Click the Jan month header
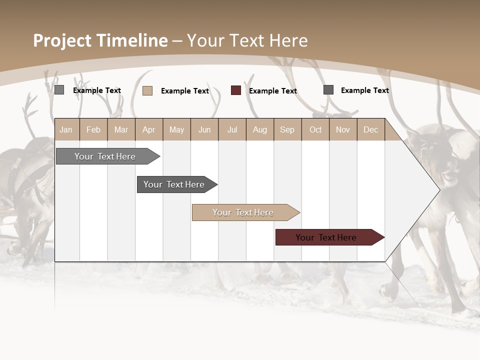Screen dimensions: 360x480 [66, 129]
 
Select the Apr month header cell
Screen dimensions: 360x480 [149, 129]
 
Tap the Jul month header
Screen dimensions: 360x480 [232, 129]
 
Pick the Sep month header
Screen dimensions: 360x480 [287, 129]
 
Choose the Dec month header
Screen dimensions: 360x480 [371, 129]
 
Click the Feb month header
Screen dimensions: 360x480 [93, 129]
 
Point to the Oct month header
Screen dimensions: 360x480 [315, 129]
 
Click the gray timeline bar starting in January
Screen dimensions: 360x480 [105, 156]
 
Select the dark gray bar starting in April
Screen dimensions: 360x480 [174, 184]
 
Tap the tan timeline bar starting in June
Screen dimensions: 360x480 [243, 212]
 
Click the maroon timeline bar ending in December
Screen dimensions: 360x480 [326, 237]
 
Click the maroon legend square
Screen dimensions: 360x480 [236, 90]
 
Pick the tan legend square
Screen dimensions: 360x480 [147, 90]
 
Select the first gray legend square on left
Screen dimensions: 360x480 [59, 90]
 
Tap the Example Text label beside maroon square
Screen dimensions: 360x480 [273, 91]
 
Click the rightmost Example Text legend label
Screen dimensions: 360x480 [364, 90]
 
